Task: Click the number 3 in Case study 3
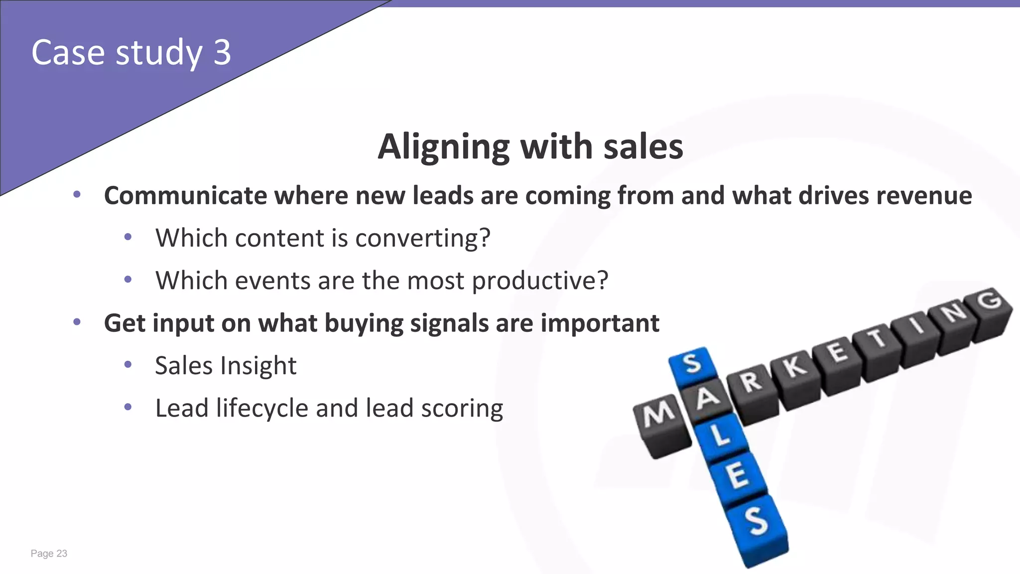[223, 52]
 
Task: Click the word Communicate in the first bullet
[185, 195]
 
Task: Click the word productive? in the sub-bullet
[540, 281]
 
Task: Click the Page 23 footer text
[49, 554]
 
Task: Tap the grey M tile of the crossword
[660, 416]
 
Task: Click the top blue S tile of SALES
[692, 364]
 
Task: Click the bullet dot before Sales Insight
[128, 365]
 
